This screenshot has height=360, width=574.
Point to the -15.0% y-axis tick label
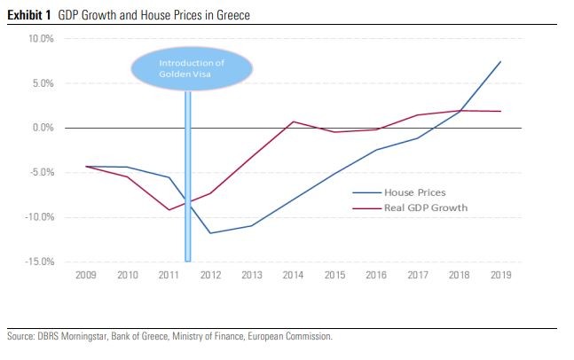pos(41,262)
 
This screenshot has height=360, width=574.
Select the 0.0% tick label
pos(43,129)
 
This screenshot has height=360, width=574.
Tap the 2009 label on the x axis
pos(85,277)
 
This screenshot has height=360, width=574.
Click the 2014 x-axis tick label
pos(294,277)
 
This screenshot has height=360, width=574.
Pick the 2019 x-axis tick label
pos(501,277)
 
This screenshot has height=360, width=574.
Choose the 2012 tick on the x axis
pos(210,277)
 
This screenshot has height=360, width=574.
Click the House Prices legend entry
pos(413,192)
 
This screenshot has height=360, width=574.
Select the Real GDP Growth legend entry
pos(425,208)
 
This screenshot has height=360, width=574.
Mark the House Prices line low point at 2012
pos(210,233)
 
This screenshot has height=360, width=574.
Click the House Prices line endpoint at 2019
pos(501,61)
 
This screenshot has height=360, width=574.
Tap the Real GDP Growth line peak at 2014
pos(294,121)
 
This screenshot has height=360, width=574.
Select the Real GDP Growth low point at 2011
pos(169,210)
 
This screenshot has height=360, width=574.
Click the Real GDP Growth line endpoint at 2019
pos(501,112)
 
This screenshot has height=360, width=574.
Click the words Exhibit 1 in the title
pos(27,15)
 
